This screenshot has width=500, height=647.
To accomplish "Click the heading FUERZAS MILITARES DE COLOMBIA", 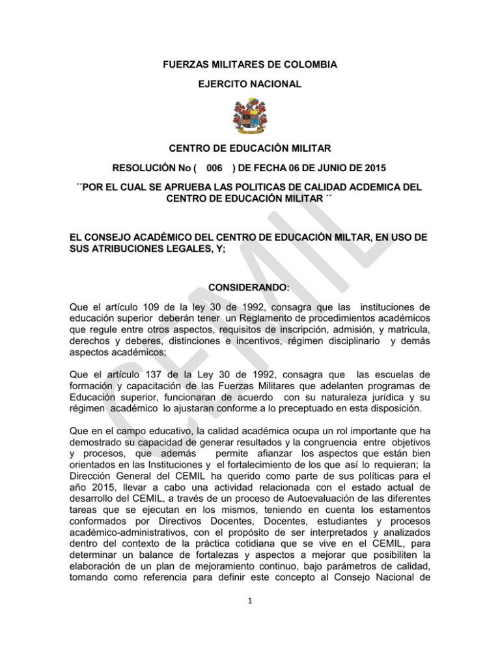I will [250, 65].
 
